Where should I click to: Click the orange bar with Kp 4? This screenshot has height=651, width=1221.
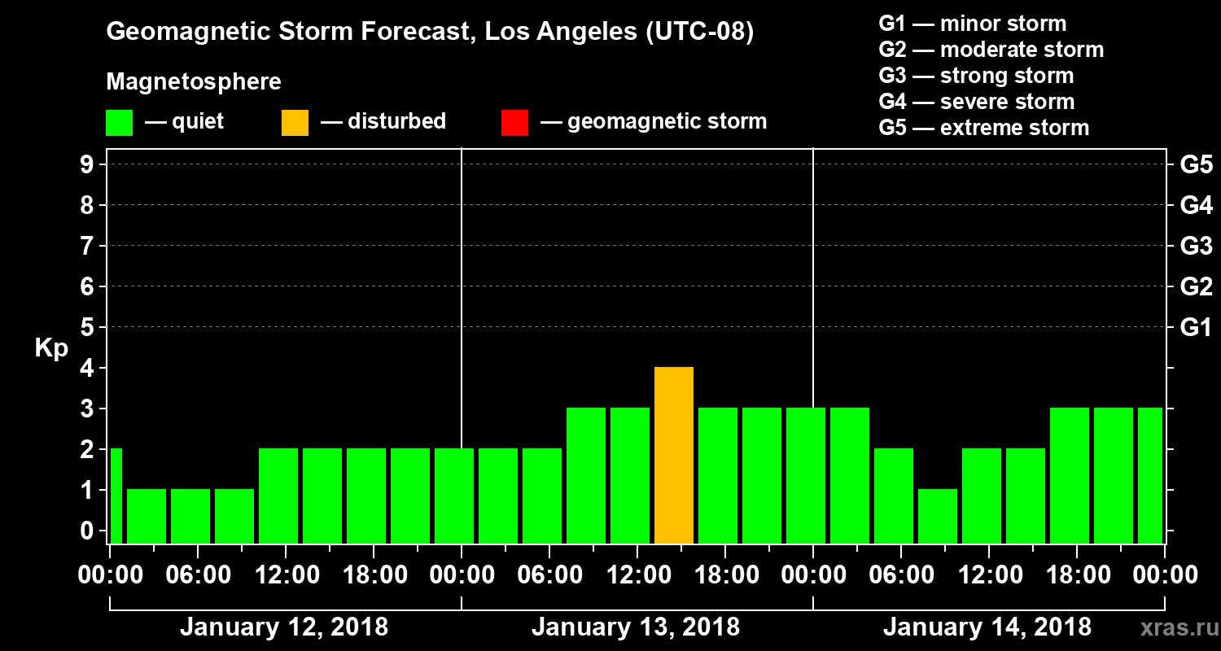[x=674, y=456]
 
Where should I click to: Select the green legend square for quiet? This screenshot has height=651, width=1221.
[x=119, y=123]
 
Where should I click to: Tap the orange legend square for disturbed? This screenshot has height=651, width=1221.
[x=295, y=123]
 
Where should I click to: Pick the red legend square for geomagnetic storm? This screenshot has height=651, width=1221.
[x=514, y=123]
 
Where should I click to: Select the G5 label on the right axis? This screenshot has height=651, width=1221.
[x=1196, y=164]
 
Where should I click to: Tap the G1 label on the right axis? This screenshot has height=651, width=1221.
[x=1196, y=327]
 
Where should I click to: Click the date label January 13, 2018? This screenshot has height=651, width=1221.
[x=636, y=627]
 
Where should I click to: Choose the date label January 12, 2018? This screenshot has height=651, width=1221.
[x=284, y=627]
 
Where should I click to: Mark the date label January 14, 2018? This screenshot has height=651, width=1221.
[x=987, y=627]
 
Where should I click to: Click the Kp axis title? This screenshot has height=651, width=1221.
[x=51, y=348]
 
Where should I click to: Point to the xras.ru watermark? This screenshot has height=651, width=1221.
[x=1173, y=627]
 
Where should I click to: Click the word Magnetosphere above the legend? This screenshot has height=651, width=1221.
[x=194, y=82]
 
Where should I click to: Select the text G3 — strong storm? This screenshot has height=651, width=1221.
[x=976, y=76]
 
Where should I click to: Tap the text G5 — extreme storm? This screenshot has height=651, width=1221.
[x=983, y=128]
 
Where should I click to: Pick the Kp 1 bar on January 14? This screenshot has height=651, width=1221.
[x=938, y=516]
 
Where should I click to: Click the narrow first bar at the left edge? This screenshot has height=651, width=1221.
[x=116, y=496]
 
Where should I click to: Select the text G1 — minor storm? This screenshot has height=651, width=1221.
[x=972, y=24]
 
